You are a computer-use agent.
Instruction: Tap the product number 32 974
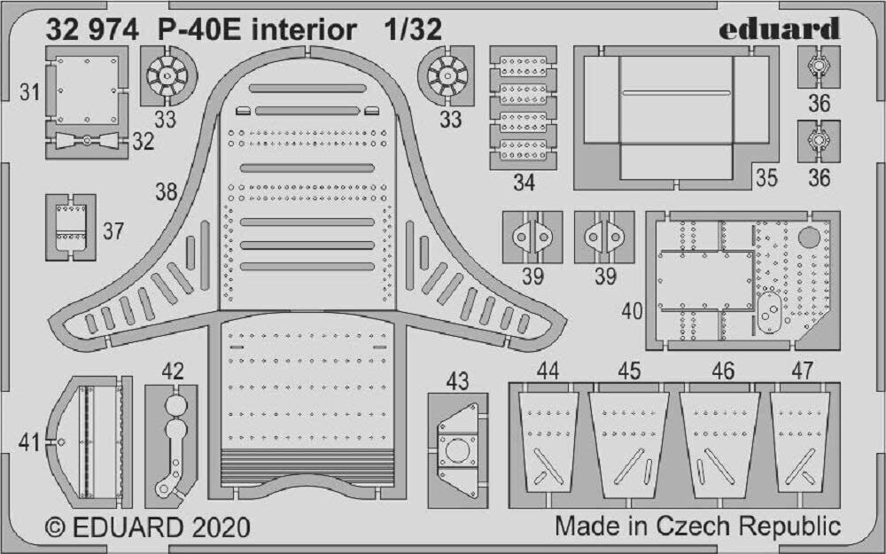pos(92,30)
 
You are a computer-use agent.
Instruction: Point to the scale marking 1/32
pos(412,30)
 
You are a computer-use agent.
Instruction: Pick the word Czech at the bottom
pos(691,526)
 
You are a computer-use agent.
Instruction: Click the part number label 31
pos(30,92)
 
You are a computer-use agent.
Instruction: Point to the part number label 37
pos(113,232)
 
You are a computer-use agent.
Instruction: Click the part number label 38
pos(166,191)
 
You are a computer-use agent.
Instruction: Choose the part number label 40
pos(633,312)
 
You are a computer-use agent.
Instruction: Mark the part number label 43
pos(457,381)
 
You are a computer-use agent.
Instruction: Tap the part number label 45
pos(629,371)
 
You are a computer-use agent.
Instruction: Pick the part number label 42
pos(174,372)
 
